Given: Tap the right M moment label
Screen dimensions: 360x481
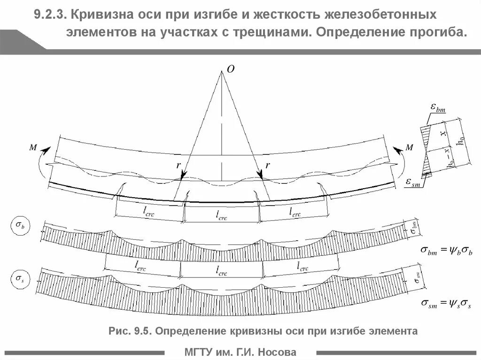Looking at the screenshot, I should click(x=409, y=148).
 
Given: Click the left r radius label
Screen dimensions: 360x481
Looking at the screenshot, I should click(x=178, y=165).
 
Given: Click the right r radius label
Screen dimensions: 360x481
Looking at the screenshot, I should click(x=267, y=165).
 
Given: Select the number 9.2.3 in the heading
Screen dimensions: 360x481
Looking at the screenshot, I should click(x=49, y=15).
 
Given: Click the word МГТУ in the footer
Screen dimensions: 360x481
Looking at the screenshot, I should click(x=199, y=352).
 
